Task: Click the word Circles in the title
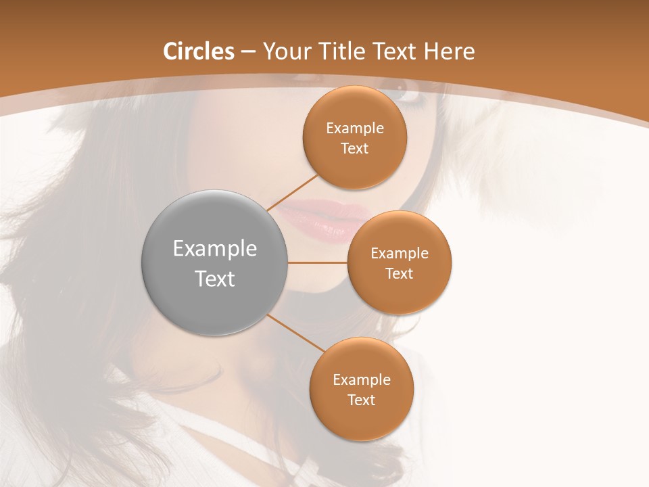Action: [x=199, y=51]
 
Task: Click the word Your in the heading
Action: [x=286, y=51]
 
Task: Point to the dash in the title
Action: [x=248, y=52]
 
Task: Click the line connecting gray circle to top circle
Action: [x=293, y=192]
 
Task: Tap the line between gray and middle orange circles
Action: [x=317, y=262]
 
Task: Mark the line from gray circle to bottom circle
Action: [x=295, y=333]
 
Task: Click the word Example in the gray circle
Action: [x=215, y=249]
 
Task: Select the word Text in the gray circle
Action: [x=215, y=279]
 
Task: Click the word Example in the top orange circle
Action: [x=355, y=129]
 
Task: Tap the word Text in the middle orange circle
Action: [x=400, y=273]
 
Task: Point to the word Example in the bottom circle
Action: [x=362, y=379]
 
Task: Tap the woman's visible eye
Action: [x=410, y=91]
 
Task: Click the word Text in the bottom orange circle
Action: [x=362, y=400]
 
